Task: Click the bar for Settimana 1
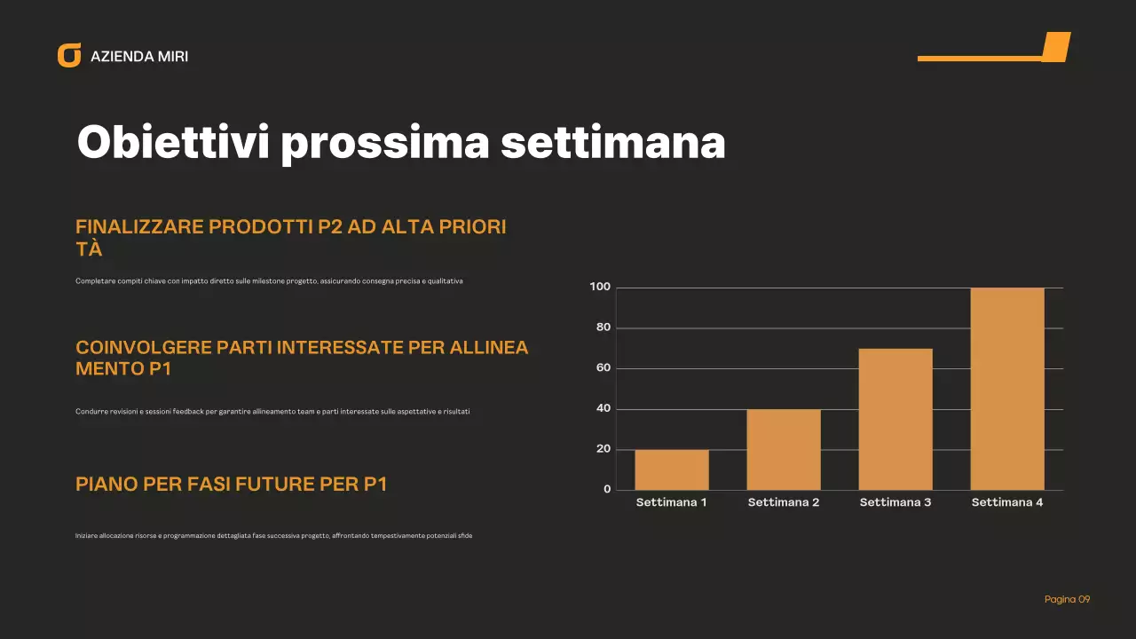(x=672, y=469)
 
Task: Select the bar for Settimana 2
(x=784, y=449)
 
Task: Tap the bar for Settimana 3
(x=895, y=419)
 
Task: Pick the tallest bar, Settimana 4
(x=1007, y=389)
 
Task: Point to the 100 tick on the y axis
(x=600, y=287)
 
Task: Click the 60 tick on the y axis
(x=603, y=368)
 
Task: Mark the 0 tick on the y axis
(x=607, y=490)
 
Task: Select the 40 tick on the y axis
(x=603, y=409)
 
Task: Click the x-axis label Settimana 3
(x=895, y=502)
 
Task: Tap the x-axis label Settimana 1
(x=672, y=502)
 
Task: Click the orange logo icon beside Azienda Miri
(x=69, y=55)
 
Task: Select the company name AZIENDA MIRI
(x=139, y=57)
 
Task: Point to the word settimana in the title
(x=613, y=142)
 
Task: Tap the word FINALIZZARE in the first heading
(x=138, y=226)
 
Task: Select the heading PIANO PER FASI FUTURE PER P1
(x=231, y=485)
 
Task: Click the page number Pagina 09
(x=1067, y=600)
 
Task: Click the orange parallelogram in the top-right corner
(x=1055, y=46)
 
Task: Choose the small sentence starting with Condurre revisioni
(x=272, y=412)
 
